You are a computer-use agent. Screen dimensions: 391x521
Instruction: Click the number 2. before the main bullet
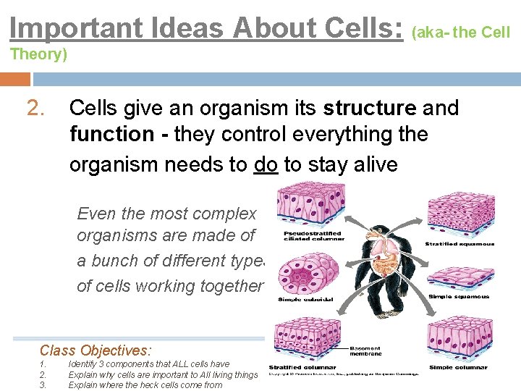pyautogui.click(x=37, y=109)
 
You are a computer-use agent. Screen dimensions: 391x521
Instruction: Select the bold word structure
pyautogui.click(x=370, y=109)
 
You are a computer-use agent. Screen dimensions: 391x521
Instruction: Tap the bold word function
pyautogui.click(x=111, y=135)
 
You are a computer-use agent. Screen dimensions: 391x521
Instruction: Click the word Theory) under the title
pyautogui.click(x=38, y=54)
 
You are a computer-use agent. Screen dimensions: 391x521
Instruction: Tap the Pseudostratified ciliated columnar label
pyautogui.click(x=313, y=235)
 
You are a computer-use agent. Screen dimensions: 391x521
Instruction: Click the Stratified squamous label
pyautogui.click(x=459, y=244)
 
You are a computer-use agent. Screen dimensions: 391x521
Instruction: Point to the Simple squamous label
pyautogui.click(x=459, y=297)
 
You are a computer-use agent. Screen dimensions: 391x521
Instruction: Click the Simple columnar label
pyautogui.click(x=459, y=368)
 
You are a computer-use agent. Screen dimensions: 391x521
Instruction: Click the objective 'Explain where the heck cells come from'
pyautogui.click(x=145, y=384)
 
